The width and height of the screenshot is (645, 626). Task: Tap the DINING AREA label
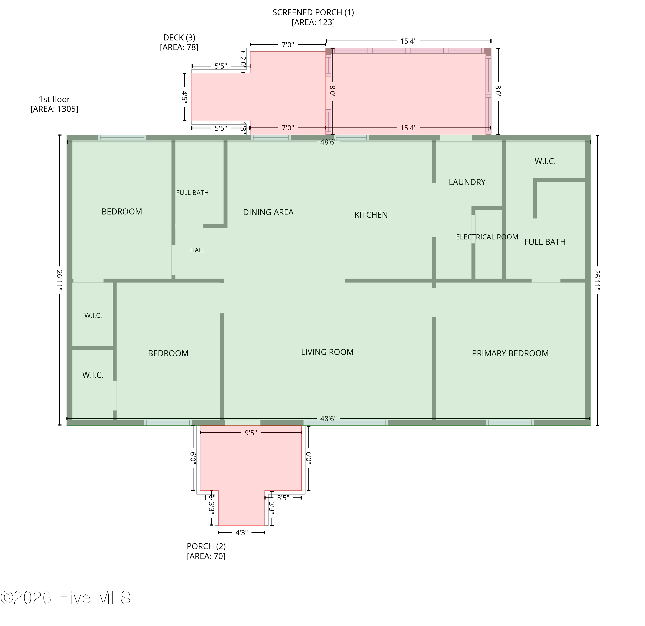coord(268,212)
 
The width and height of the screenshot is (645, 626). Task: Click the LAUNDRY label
coord(467,182)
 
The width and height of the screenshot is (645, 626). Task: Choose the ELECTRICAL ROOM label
coord(487,237)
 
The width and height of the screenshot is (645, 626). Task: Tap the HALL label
coord(198,250)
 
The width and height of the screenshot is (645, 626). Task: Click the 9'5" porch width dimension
coord(250,433)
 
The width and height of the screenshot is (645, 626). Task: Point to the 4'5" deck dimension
coord(185,97)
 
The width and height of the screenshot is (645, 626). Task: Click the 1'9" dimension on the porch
coord(209,498)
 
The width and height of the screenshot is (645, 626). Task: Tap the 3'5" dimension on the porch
coord(283,498)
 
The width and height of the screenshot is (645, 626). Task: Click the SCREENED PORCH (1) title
coord(313,12)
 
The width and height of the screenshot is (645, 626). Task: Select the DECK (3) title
coord(179,38)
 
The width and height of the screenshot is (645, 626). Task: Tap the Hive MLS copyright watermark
coord(66,598)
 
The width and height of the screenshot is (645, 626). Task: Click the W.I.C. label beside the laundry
coord(545,161)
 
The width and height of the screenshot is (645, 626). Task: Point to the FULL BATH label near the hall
coord(192,193)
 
